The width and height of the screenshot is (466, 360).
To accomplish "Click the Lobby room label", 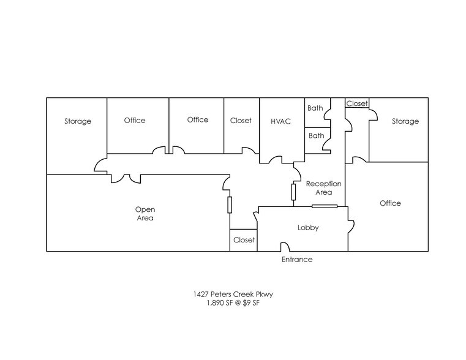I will point(308,228).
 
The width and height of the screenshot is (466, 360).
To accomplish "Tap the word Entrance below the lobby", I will point(297,260).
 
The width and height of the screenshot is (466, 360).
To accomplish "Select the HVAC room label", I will point(280,121).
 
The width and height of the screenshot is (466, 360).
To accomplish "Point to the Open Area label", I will point(145,214).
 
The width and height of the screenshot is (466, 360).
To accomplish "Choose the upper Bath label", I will point(315,108).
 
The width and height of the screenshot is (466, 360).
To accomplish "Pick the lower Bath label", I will point(316,135).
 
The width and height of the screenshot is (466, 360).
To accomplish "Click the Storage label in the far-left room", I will point(78,121).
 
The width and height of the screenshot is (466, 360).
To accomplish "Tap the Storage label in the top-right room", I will point(405,121).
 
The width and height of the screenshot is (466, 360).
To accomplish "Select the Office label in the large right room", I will point(390,203).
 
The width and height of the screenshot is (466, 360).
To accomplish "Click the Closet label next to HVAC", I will point(241,121).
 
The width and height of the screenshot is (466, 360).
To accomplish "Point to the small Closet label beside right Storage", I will point(357,103).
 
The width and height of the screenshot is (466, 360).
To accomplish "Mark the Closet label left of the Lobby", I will point(244,240).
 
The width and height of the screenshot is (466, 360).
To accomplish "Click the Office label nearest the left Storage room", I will point(135,120).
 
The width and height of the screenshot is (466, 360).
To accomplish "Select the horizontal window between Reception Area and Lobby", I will point(325,206).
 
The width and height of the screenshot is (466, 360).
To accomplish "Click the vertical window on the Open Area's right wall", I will point(230,204).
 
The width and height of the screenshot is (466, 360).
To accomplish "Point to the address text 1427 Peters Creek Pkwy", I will point(233,294).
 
